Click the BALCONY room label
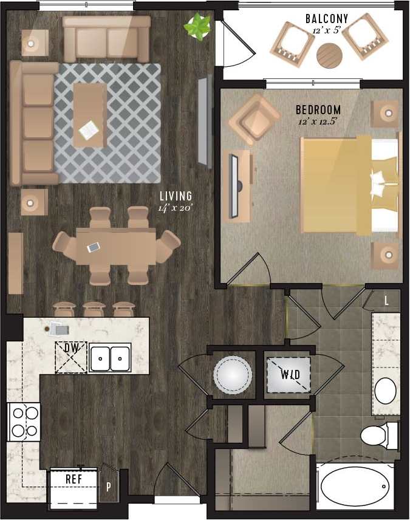[x=327, y=19]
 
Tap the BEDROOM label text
[x=318, y=110]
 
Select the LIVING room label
[x=176, y=196]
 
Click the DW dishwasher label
[x=71, y=348]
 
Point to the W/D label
[x=290, y=374]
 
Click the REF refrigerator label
[x=73, y=479]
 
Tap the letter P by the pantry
[x=109, y=487]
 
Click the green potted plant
[x=198, y=27]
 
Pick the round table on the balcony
[x=329, y=56]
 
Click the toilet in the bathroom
[x=377, y=435]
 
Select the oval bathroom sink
[x=385, y=391]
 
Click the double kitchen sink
[x=111, y=358]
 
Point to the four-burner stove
[x=24, y=422]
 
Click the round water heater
[x=232, y=374]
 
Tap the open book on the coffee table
[x=89, y=129]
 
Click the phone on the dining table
[x=93, y=247]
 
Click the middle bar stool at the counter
[x=94, y=308]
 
